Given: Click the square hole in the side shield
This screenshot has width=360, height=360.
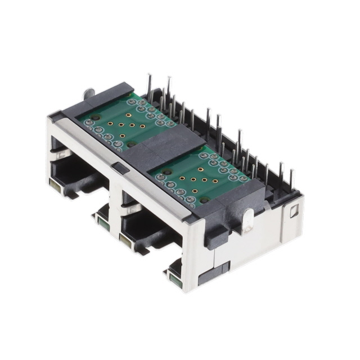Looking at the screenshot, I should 293,212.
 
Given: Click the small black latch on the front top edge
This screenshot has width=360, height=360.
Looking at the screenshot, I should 117,166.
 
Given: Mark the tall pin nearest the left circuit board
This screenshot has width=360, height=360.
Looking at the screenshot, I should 149,84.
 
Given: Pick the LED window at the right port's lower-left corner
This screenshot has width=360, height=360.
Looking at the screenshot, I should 124,241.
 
